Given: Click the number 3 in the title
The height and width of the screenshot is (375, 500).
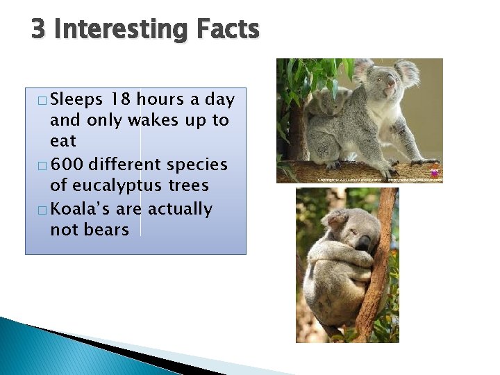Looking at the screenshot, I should click(x=39, y=30).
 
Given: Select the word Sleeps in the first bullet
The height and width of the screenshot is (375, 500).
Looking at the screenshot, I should click(x=76, y=99).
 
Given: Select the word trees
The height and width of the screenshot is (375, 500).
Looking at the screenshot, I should click(x=188, y=186).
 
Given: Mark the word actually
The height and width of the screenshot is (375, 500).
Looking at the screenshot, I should click(x=177, y=209).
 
